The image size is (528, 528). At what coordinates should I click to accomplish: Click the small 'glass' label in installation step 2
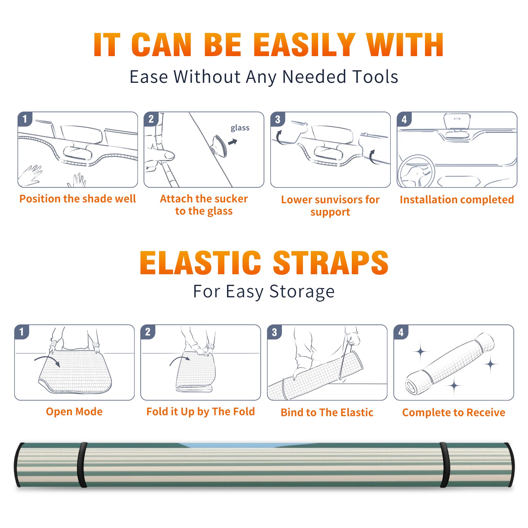pos(240,128)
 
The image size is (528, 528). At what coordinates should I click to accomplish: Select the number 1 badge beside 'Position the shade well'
pos(25,119)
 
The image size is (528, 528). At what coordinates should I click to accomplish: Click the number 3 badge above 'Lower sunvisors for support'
pos(278,119)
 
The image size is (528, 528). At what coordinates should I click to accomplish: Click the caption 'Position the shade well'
pos(78,199)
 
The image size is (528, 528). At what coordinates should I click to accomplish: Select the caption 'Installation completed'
pos(457,200)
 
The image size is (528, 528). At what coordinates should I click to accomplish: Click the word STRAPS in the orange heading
pos(331,263)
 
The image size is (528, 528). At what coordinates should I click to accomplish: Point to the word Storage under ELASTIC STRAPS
pos(302,292)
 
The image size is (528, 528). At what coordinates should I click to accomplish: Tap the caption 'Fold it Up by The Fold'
pos(201,412)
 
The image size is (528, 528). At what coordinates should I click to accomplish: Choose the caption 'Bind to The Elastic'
pos(327,412)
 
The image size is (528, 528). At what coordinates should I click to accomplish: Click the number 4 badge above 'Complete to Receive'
pos(401,332)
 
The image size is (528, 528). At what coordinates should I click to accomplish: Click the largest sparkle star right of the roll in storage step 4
pos(491,364)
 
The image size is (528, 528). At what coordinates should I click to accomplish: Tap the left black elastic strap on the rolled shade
pos(82,465)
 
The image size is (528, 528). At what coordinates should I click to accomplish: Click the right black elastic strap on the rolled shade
pos(445,465)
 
